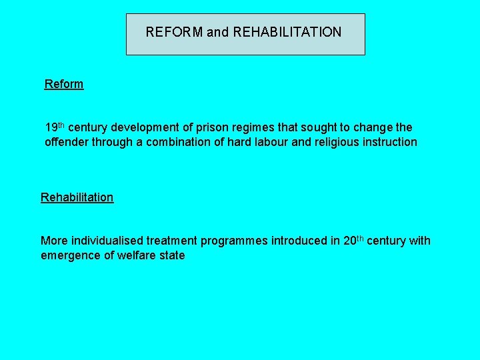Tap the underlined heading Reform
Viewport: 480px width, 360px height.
point(64,84)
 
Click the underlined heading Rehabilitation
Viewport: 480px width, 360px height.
point(77,197)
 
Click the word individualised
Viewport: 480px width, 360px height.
point(101,241)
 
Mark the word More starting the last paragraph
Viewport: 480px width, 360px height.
point(53,241)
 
